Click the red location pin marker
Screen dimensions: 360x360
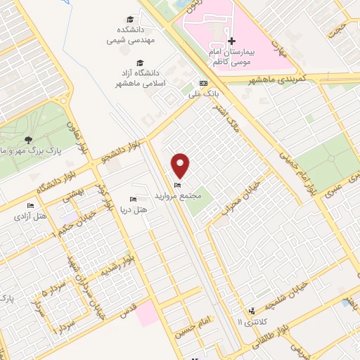(x=181, y=165)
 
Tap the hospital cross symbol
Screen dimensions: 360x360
(x=232, y=41)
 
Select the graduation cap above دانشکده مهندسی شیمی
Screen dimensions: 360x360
(x=130, y=19)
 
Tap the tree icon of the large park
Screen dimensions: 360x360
(x=28, y=139)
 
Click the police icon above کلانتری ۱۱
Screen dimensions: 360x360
(x=251, y=311)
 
